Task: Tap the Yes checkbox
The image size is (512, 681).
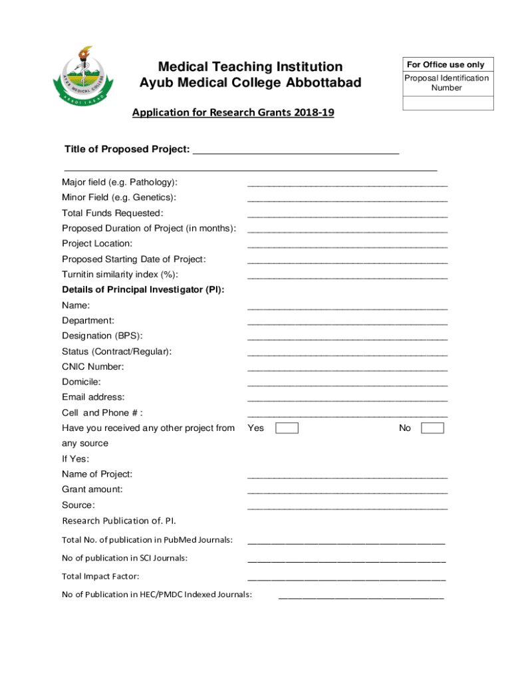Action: [287, 428]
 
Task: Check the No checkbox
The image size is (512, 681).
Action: [432, 428]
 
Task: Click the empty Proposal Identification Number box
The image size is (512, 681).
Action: [448, 103]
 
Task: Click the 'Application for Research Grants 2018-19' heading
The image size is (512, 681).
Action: [233, 112]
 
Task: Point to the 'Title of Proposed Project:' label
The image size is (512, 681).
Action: [126, 149]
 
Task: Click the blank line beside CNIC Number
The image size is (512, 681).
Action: [347, 369]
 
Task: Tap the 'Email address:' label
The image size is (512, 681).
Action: [93, 397]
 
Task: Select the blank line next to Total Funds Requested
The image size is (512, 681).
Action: [347, 215]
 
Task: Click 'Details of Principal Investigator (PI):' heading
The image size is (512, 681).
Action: [143, 289]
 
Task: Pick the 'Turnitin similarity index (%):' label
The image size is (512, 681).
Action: [120, 274]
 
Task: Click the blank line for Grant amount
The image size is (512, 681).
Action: [347, 492]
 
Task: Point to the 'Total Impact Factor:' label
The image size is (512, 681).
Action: [100, 576]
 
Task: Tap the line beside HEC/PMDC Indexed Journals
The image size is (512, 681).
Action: [360, 597]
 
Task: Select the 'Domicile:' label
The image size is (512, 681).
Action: [81, 382]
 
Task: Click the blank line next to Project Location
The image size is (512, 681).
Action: [347, 246]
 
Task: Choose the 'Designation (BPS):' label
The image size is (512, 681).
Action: [102, 336]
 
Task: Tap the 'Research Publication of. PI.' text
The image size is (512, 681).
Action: [118, 520]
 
